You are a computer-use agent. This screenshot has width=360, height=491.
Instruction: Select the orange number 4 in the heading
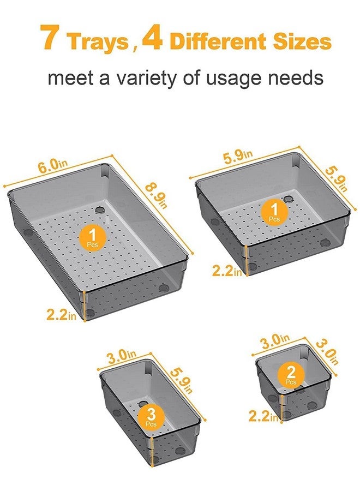(x=152, y=37)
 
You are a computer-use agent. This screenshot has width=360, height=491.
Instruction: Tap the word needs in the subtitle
(x=296, y=77)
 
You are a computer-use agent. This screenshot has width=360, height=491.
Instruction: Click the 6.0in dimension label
(x=53, y=164)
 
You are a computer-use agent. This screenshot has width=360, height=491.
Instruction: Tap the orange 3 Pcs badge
(x=151, y=417)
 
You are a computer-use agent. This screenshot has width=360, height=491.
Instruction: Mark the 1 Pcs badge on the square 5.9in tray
(x=274, y=212)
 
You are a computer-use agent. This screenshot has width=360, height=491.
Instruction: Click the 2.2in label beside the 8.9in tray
(x=61, y=314)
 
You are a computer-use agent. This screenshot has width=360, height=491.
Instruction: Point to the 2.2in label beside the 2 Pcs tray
(x=263, y=416)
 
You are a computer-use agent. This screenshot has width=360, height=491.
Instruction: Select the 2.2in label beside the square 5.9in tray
(x=227, y=271)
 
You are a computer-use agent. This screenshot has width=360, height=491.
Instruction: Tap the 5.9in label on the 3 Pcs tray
(x=181, y=380)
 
